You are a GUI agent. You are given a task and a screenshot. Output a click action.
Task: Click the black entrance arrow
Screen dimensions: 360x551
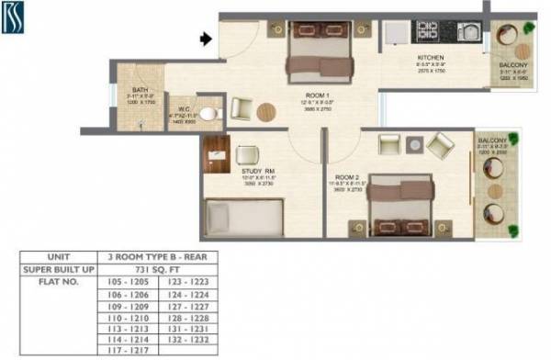tap(208, 39)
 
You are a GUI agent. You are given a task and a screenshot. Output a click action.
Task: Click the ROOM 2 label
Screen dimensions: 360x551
tap(347, 176)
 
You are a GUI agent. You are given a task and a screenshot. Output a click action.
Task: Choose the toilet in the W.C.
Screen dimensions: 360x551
tap(208, 113)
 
